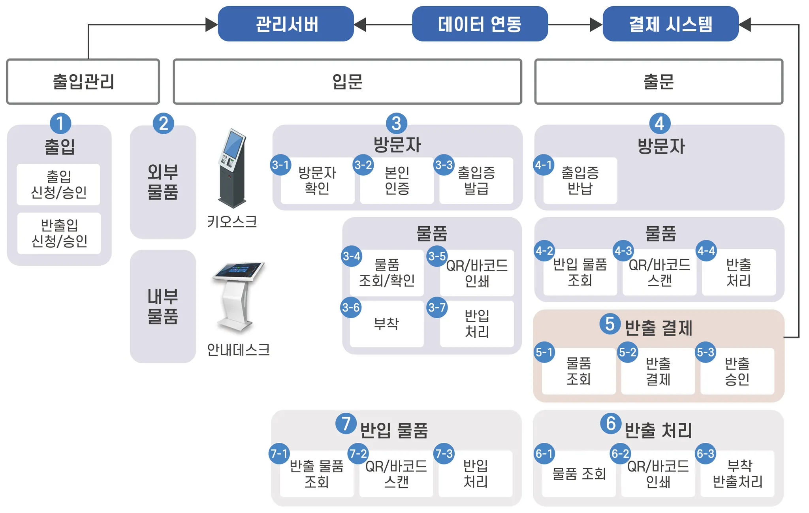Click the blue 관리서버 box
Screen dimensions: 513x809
pos(286,24)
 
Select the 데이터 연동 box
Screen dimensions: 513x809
pos(480,24)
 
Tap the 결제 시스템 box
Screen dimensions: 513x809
pos(670,24)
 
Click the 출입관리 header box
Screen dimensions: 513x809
pos(83,81)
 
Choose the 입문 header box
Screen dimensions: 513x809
pos(347,81)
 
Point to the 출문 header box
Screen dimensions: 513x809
pos(658,81)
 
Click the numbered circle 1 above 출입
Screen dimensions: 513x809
pos(60,123)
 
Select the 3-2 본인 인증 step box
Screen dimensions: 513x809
pos(397,180)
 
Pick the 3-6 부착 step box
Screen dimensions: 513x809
pos(386,324)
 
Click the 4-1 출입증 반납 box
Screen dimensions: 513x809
pos(580,180)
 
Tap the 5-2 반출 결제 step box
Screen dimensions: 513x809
pos(658,371)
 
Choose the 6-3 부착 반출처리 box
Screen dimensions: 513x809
pos(737,474)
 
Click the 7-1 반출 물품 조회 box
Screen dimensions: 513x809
pos(316,474)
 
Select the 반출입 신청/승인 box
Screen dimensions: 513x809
pos(59,233)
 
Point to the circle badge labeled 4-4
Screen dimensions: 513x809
pos(706,250)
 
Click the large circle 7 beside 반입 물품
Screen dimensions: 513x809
pos(346,423)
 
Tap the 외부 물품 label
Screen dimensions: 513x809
pos(163,182)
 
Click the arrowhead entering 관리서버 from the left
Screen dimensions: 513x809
pos(212,24)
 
